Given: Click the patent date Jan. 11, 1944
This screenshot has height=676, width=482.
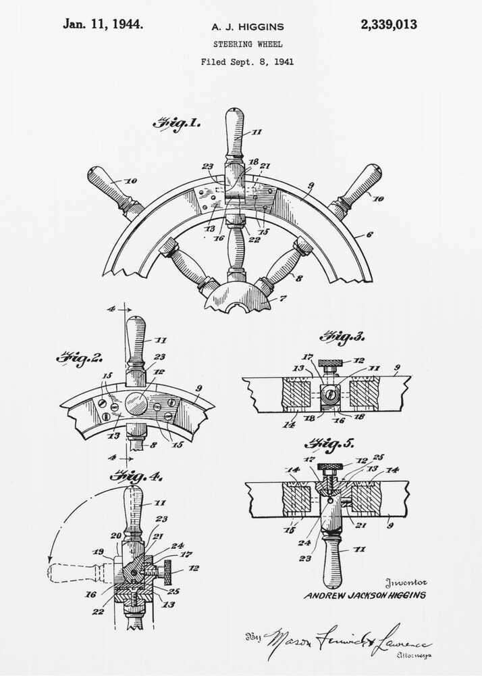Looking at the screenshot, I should [x=103, y=24].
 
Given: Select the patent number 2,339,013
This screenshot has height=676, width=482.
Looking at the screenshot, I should [x=388, y=25].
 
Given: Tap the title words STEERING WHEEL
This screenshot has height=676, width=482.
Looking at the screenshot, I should [x=247, y=44].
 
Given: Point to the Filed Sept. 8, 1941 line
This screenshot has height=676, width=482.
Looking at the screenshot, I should [x=247, y=62].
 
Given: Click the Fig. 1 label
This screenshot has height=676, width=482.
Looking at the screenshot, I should [x=176, y=124].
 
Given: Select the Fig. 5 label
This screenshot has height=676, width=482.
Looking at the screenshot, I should [x=328, y=444].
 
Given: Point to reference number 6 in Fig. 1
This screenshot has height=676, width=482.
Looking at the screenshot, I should [x=369, y=235].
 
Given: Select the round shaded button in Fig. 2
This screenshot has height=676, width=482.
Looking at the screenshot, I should [x=137, y=404].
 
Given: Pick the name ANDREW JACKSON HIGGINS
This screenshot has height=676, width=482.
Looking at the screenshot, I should [x=365, y=596].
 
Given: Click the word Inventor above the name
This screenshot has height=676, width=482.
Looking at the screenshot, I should [x=406, y=583].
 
